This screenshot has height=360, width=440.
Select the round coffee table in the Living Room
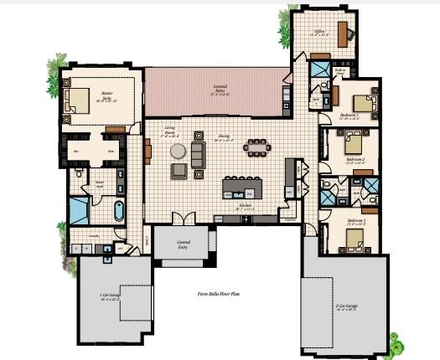pyautogui.click(x=178, y=151)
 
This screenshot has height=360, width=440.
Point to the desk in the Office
pyautogui.click(x=344, y=33)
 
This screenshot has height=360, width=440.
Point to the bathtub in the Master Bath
pyautogui.click(x=117, y=209)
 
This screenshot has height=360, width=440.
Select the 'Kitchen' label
pyautogui.click(x=246, y=204)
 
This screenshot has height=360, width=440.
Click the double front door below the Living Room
pyautogui.click(x=179, y=219)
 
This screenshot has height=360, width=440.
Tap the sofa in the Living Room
pyautogui.click(x=198, y=152)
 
